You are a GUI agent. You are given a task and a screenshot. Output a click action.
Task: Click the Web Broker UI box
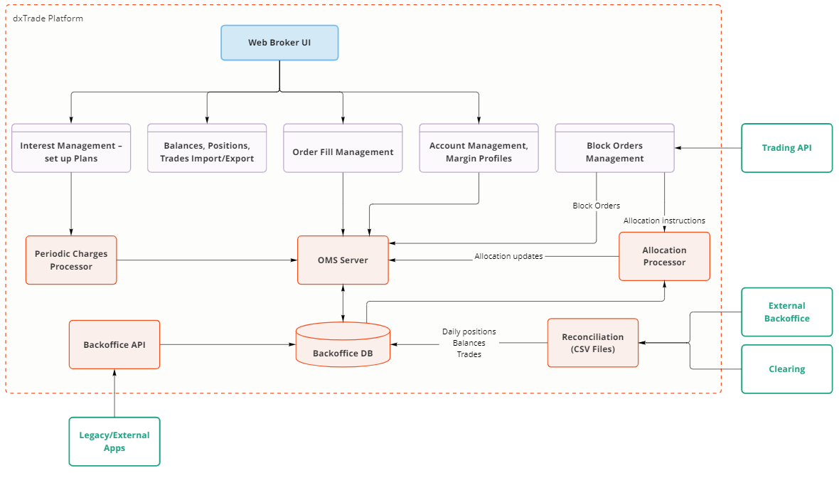point(279,43)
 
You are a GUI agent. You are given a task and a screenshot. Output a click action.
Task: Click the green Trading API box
point(786,148)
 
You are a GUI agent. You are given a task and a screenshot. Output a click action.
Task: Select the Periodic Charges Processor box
point(71,260)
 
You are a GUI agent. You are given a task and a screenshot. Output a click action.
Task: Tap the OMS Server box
point(343,260)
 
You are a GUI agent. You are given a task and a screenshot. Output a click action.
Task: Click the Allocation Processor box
point(664,257)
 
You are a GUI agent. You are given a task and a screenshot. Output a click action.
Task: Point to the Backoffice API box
point(114,344)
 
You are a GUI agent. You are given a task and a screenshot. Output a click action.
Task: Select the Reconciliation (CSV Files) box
point(592,343)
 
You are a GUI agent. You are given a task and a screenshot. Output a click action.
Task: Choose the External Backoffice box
point(786,312)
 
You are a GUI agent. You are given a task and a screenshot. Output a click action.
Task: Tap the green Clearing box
point(786,369)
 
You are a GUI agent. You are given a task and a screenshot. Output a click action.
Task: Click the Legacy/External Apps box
point(114,441)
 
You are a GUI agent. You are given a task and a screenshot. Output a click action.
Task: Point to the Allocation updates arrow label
point(508,256)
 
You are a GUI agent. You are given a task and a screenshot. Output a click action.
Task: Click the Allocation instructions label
point(664,221)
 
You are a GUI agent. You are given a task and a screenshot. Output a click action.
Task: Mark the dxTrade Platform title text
point(48,18)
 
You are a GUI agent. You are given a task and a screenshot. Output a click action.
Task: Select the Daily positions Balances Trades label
point(469,343)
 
